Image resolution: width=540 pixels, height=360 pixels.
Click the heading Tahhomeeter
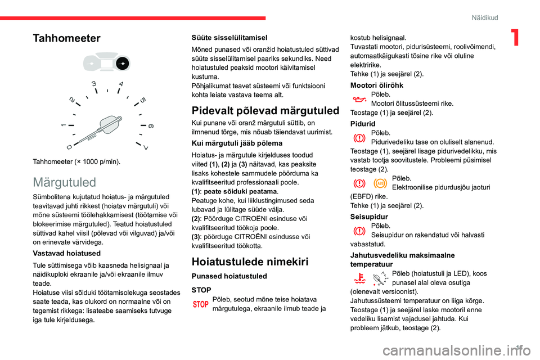[66, 38]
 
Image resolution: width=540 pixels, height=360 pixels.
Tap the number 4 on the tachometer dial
[121, 84]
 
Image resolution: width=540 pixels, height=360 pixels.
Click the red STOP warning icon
[201, 304]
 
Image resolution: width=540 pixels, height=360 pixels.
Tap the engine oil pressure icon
[358, 99]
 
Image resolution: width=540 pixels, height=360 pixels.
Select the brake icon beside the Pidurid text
[358, 138]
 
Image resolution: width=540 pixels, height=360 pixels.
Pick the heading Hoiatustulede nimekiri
[250, 261]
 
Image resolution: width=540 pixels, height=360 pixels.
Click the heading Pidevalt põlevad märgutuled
[265, 110]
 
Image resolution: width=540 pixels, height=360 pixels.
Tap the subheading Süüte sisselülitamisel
[229, 37]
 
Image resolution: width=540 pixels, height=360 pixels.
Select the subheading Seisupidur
[369, 216]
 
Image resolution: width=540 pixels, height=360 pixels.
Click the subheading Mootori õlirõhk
[376, 85]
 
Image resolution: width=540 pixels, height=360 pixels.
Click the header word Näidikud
[485, 18]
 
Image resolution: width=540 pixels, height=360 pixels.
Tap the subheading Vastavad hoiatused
[65, 253]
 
